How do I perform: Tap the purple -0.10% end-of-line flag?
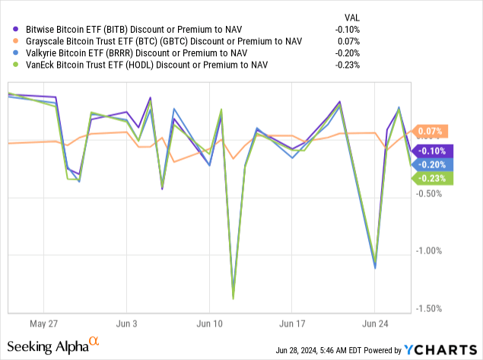[x=434, y=151]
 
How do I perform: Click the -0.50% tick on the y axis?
[x=431, y=193]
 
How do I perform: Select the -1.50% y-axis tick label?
[x=431, y=308]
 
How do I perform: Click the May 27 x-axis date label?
[x=33, y=322]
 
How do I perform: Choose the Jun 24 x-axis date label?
[x=375, y=322]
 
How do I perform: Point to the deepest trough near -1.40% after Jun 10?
[x=233, y=298]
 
